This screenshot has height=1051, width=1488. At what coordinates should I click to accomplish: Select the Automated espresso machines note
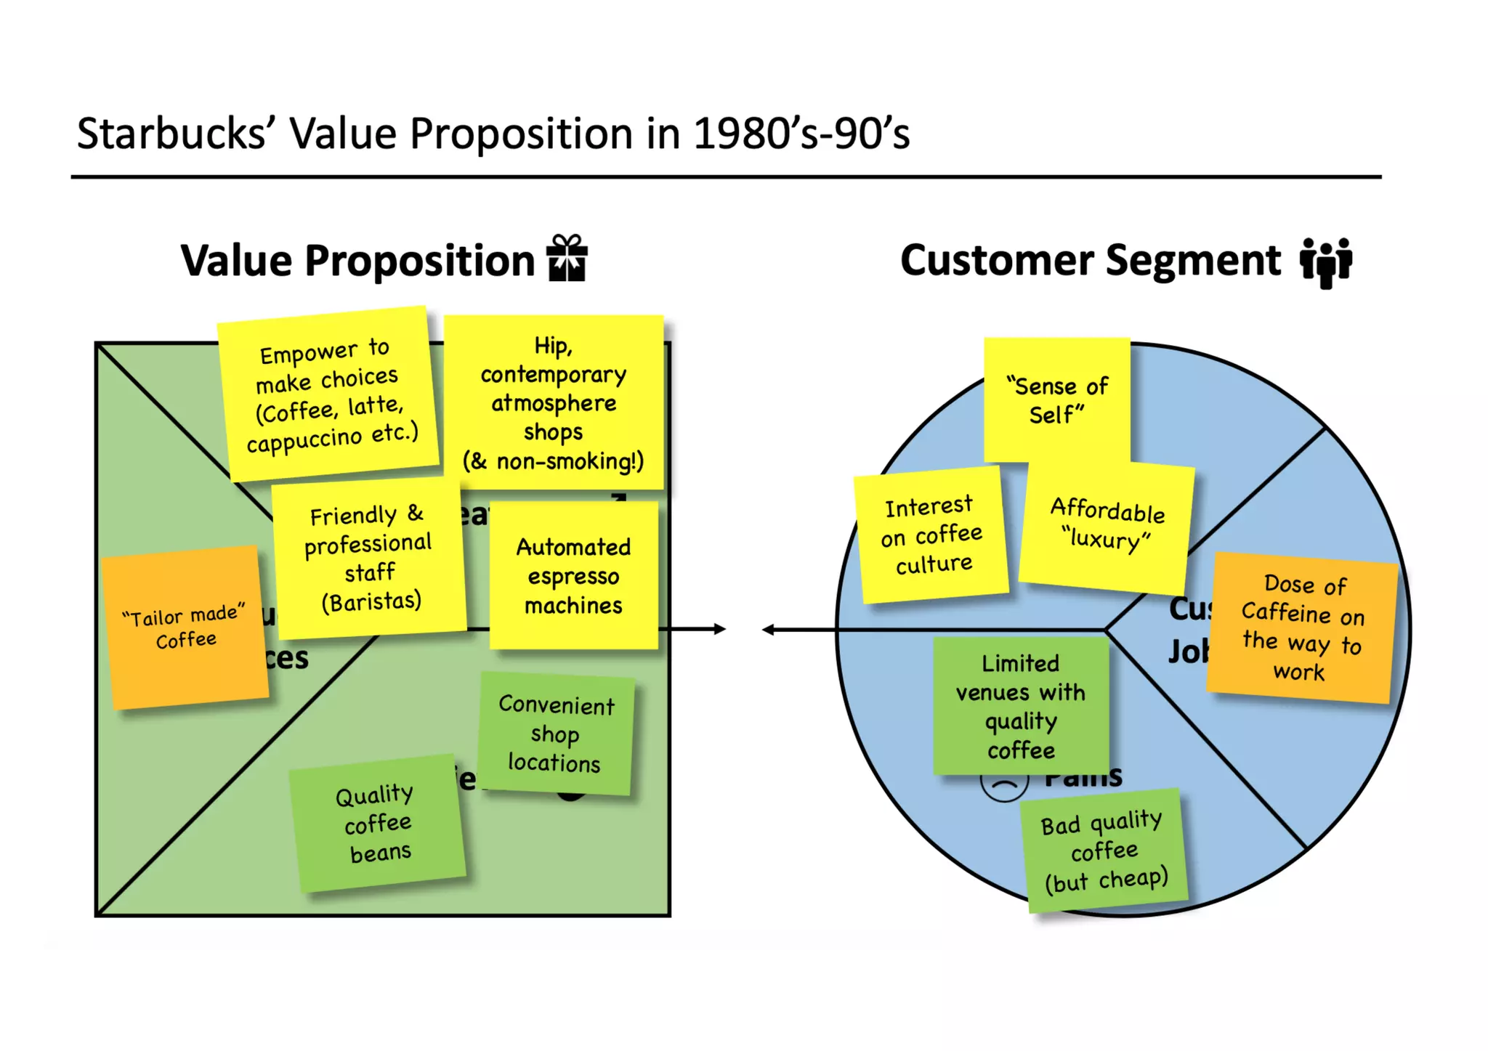[573, 576]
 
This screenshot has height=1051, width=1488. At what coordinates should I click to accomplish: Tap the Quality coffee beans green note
[377, 824]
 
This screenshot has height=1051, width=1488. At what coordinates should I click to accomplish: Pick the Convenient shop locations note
[556, 734]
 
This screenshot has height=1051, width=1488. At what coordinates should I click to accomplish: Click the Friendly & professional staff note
[370, 558]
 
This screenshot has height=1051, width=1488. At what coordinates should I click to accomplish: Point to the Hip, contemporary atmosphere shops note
[554, 402]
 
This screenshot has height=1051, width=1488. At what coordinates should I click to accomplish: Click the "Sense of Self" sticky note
[1057, 400]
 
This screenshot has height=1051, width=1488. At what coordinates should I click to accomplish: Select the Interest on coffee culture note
[932, 535]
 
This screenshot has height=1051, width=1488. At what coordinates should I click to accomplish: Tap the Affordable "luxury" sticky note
[1107, 524]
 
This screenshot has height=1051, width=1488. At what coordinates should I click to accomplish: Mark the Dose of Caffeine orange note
[1302, 628]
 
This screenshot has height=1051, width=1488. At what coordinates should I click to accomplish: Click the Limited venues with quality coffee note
[1021, 706]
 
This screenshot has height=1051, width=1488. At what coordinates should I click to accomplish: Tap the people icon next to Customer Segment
[1326, 261]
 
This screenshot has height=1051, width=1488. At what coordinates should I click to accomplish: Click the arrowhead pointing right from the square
[719, 629]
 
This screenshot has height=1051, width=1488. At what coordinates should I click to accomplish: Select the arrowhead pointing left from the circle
[769, 630]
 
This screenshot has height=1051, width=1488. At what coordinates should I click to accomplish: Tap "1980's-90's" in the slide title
[801, 134]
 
